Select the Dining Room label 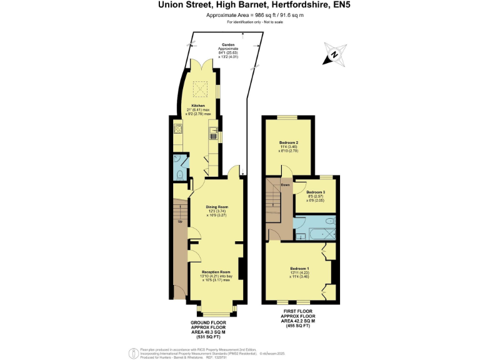click(217, 206)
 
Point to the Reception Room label click(217, 272)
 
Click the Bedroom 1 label click(299, 268)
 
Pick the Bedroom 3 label click(316, 192)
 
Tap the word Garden click(228, 45)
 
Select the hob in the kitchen click(177, 130)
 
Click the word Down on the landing click(285, 185)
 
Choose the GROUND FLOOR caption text click(213, 322)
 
